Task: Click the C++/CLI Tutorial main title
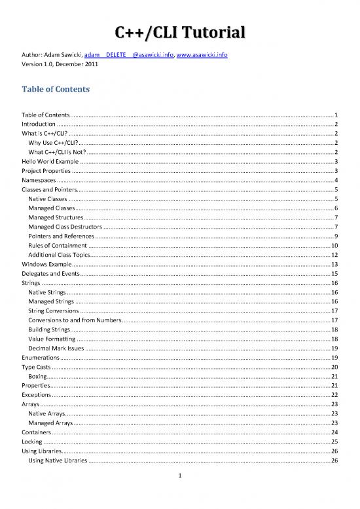(x=180, y=33)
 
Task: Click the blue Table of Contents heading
(x=60, y=90)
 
